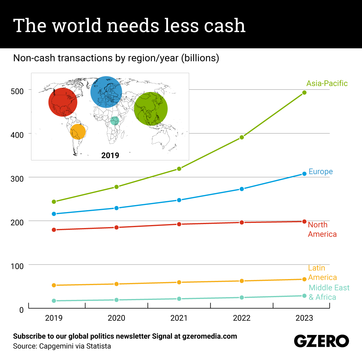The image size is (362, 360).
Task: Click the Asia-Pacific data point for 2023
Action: [304, 92]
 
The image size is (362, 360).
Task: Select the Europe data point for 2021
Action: [179, 200]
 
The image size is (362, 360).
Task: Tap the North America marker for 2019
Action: [54, 230]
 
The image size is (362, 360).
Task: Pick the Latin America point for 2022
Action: [242, 281]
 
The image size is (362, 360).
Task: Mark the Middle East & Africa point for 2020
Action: [116, 300]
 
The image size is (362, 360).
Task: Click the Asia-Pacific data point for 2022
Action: [242, 137]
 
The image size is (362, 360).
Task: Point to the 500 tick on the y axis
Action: [17, 91]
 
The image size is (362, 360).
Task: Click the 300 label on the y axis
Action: [17, 178]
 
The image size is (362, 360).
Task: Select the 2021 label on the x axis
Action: [179, 318]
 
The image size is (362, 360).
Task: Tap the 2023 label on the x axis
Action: [304, 318]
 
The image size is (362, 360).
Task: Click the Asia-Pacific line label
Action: [327, 83]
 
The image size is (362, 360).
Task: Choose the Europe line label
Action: [320, 172]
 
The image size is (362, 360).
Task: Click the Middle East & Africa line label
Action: [329, 292]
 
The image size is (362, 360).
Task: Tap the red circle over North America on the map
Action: [63, 102]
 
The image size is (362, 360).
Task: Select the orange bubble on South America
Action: [78, 132]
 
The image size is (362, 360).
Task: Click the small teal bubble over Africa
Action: [115, 121]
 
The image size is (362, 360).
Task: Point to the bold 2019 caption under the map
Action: [110, 155]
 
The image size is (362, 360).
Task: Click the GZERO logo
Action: [321, 341]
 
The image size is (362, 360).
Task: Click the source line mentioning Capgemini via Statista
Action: [62, 346]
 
